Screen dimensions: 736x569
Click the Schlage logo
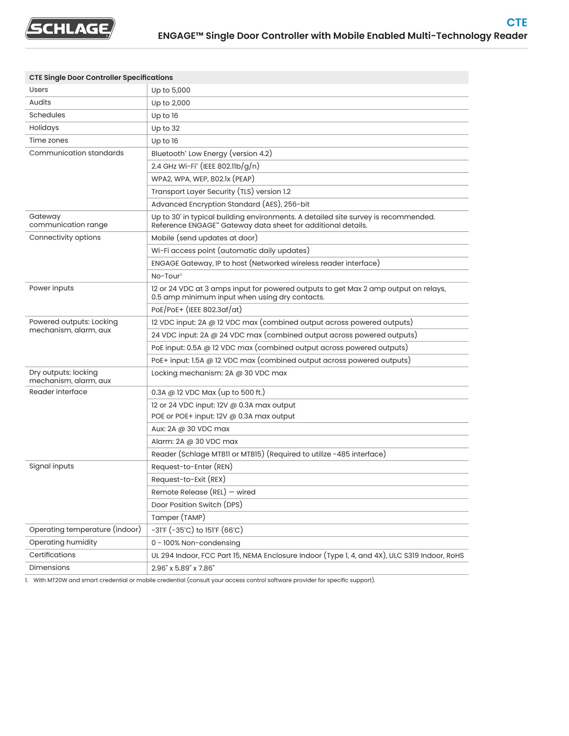coord(70,28)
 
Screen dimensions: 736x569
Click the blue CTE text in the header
coord(516,23)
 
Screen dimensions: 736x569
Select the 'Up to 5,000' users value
coord(171,90)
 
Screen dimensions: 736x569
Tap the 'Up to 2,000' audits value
coord(171,103)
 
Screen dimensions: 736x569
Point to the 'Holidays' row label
coord(44,128)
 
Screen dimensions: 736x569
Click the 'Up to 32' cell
coord(165,128)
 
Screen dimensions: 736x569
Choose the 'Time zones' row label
coord(49,140)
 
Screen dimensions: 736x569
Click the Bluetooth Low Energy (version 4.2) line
coord(212,153)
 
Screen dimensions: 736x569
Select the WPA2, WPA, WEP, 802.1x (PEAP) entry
coord(203,179)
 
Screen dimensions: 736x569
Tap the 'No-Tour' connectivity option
coord(166,276)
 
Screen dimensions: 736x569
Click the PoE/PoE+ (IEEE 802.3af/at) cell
coord(197,309)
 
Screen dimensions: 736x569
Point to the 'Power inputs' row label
coord(52,288)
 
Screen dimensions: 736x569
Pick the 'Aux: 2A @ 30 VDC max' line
coord(191,429)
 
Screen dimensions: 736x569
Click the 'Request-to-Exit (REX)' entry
coord(188,480)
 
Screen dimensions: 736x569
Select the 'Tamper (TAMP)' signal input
coord(178,517)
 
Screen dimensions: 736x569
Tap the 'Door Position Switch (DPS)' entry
coord(197,505)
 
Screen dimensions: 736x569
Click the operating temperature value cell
coord(197,530)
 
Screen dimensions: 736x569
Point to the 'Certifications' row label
coord(53,555)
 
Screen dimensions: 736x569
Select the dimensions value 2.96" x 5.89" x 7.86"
coord(183,568)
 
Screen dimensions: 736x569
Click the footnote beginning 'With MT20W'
coord(204,580)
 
